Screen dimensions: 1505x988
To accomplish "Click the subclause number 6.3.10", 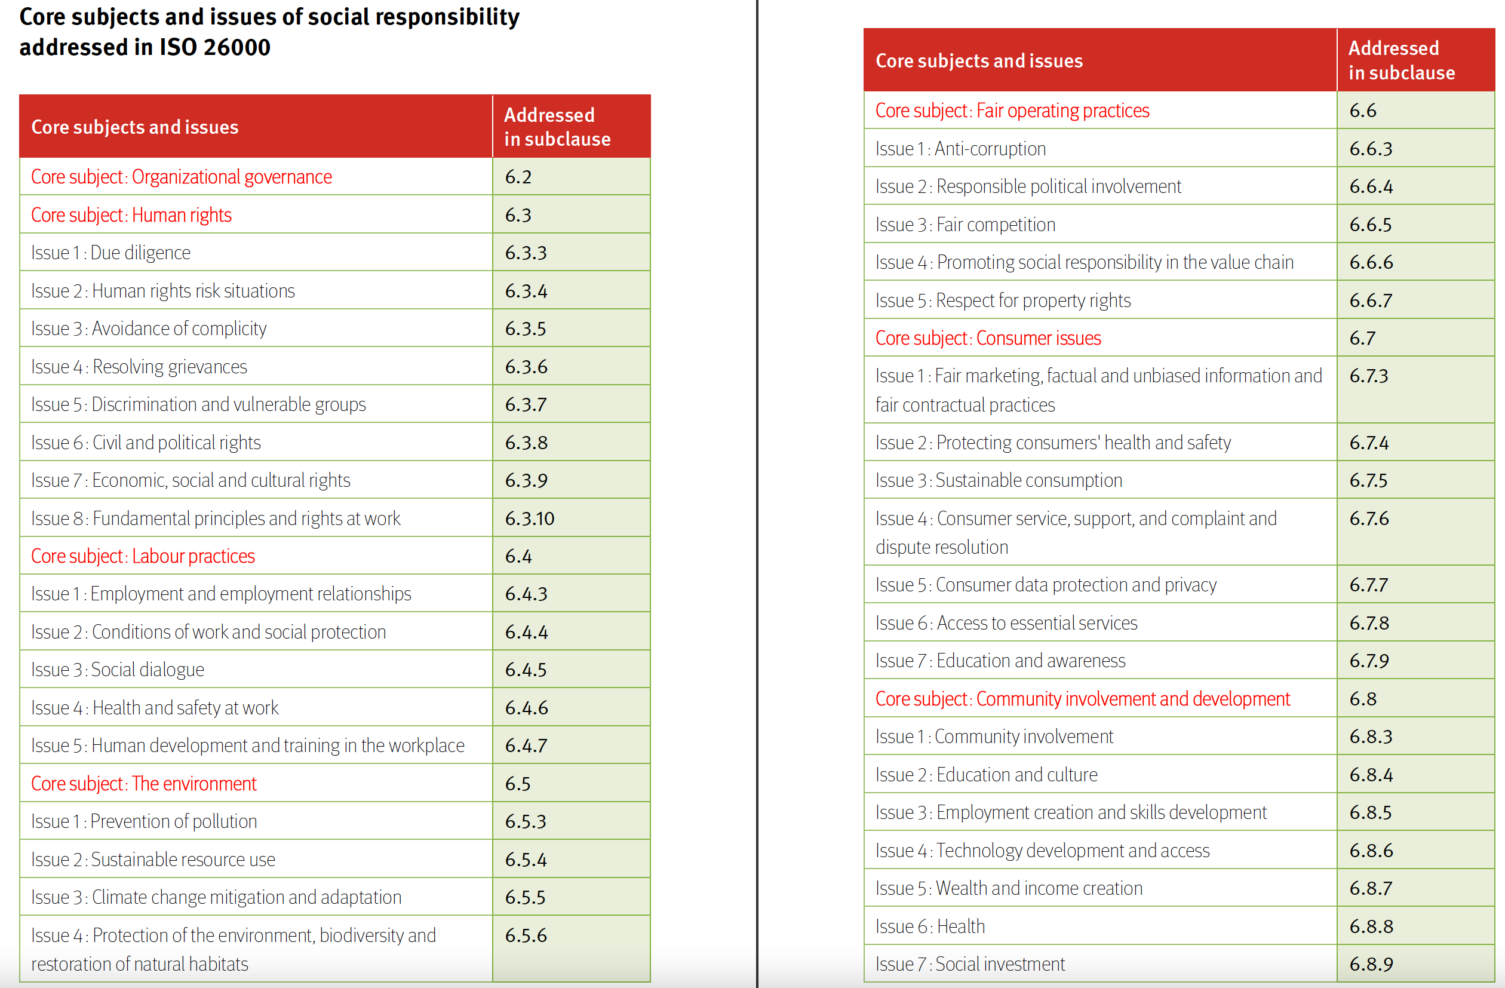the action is point(529,518).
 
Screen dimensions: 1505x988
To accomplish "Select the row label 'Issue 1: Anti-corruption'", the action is point(960,149).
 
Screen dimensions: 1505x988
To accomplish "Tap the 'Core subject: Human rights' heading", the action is point(131,215).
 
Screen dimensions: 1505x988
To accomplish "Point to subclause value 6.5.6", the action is point(526,935).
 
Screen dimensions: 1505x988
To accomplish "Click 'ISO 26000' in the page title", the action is point(215,47).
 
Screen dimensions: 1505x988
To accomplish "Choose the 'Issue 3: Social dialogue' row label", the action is point(118,669).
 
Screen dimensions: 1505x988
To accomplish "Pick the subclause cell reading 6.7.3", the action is point(1368,376).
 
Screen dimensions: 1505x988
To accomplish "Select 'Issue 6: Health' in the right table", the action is point(930,926).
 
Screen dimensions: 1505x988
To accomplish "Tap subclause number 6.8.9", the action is point(1371,964).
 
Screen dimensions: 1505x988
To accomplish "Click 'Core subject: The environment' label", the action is point(144,783).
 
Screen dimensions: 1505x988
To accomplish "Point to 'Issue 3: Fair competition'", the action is point(966,225).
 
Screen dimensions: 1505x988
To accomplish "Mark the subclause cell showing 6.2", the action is point(518,176).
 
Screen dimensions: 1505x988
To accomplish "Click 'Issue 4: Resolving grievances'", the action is point(139,366).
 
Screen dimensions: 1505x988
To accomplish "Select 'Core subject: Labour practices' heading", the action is point(143,556).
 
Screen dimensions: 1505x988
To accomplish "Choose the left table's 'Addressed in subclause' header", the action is point(557,127).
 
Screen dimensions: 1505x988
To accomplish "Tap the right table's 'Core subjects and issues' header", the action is point(979,60).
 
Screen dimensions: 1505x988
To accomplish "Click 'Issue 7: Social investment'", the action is point(970,964).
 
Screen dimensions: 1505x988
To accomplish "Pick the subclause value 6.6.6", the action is point(1371,262).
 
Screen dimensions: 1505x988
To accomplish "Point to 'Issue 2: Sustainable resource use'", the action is point(153,859).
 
